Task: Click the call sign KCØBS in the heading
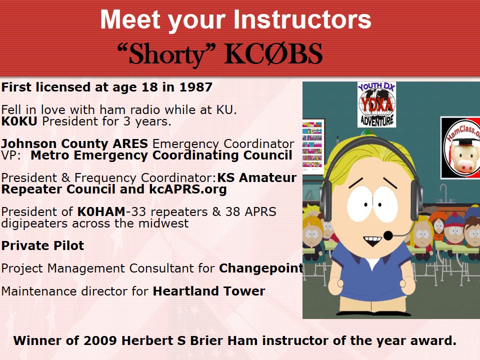273,54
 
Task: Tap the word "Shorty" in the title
166,54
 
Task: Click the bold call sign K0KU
19,121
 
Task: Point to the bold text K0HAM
101,212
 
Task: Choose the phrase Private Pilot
42,246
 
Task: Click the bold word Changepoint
261,268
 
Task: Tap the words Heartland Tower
209,291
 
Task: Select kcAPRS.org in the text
188,189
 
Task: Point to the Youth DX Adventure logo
376,104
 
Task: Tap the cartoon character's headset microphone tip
388,235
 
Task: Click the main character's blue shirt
372,273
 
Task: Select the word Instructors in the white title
302,20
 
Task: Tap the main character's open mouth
372,240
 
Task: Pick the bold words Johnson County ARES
74,144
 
